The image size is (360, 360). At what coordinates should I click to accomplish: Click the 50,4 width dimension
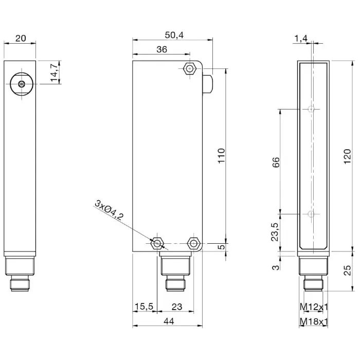click(174, 35)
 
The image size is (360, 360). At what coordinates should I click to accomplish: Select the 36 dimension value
click(161, 49)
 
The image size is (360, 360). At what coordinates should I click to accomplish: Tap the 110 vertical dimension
click(222, 156)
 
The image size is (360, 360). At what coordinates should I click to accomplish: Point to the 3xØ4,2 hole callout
click(109, 210)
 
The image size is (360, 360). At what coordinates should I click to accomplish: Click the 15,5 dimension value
click(144, 307)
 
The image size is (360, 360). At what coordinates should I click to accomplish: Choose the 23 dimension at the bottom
click(177, 307)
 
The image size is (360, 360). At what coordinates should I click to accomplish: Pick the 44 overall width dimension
click(169, 321)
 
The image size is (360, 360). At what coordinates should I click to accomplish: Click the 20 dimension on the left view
click(21, 38)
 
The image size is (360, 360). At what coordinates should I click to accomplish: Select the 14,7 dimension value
click(55, 73)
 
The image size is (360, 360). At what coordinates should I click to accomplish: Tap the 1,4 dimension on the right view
click(301, 39)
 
